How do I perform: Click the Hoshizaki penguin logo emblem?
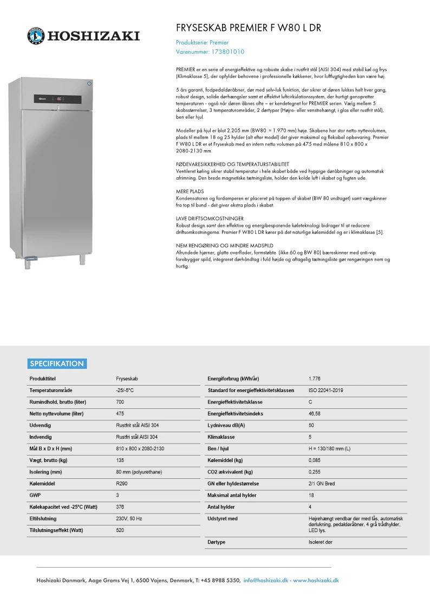pos(36,36)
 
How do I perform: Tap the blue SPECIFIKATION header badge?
pos(57,364)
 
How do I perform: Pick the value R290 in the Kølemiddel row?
pos(122,483)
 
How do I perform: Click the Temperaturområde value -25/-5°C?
pos(125,390)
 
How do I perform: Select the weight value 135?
pos(120,460)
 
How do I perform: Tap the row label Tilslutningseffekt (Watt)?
pos(59,530)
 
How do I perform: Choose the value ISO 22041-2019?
pos(325,390)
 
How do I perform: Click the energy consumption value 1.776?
pos(314,378)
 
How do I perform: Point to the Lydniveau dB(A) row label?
pos(226,425)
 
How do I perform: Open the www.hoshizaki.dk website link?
pos(316,580)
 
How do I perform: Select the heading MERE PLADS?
pos(190,192)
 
